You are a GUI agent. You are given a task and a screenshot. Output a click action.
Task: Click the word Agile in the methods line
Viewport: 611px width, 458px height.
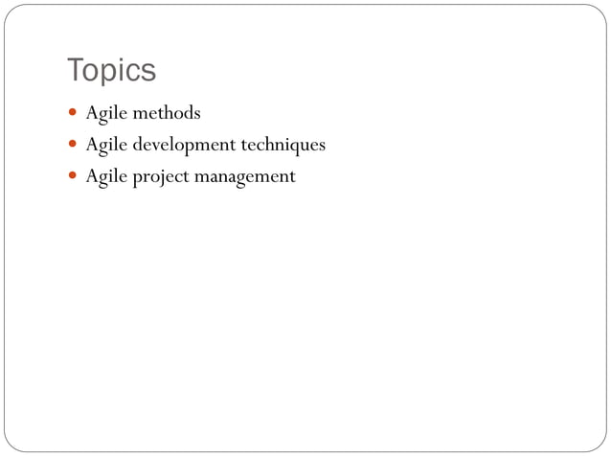[105, 113]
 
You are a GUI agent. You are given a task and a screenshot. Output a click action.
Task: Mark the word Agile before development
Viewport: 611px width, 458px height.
[105, 146]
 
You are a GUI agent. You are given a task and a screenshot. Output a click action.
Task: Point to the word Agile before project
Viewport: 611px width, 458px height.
[105, 177]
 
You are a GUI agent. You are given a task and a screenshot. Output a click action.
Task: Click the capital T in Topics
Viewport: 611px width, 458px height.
[75, 71]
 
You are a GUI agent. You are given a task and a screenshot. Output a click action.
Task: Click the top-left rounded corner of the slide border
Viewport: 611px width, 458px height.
[11, 11]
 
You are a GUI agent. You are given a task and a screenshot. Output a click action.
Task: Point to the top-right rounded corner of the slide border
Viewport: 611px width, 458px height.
[600, 11]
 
